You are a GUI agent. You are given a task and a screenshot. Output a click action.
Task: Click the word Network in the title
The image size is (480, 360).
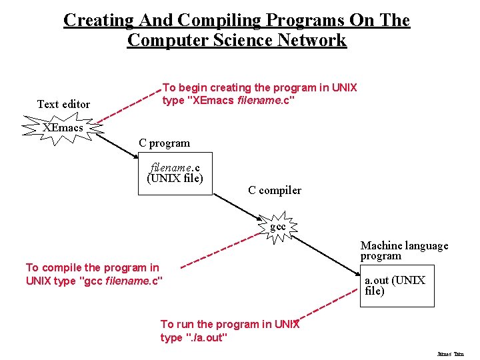click(x=313, y=40)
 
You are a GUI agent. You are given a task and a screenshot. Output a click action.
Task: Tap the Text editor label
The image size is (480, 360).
click(x=63, y=104)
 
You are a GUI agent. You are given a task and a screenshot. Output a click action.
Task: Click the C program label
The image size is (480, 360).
click(x=164, y=143)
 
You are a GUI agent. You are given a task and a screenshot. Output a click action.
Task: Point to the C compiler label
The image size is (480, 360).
click(x=275, y=190)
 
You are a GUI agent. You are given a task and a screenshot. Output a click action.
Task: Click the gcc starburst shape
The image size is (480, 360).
click(x=278, y=227)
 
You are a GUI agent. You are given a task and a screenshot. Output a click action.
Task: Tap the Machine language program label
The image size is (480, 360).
click(x=404, y=251)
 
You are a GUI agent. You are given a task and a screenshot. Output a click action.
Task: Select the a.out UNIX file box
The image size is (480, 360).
click(x=397, y=285)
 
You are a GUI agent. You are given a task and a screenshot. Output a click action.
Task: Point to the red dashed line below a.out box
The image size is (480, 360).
click(x=327, y=309)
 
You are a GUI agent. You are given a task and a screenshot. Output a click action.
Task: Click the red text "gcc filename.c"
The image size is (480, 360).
click(x=121, y=281)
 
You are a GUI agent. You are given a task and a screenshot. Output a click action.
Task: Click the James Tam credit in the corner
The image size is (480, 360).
click(x=450, y=354)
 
